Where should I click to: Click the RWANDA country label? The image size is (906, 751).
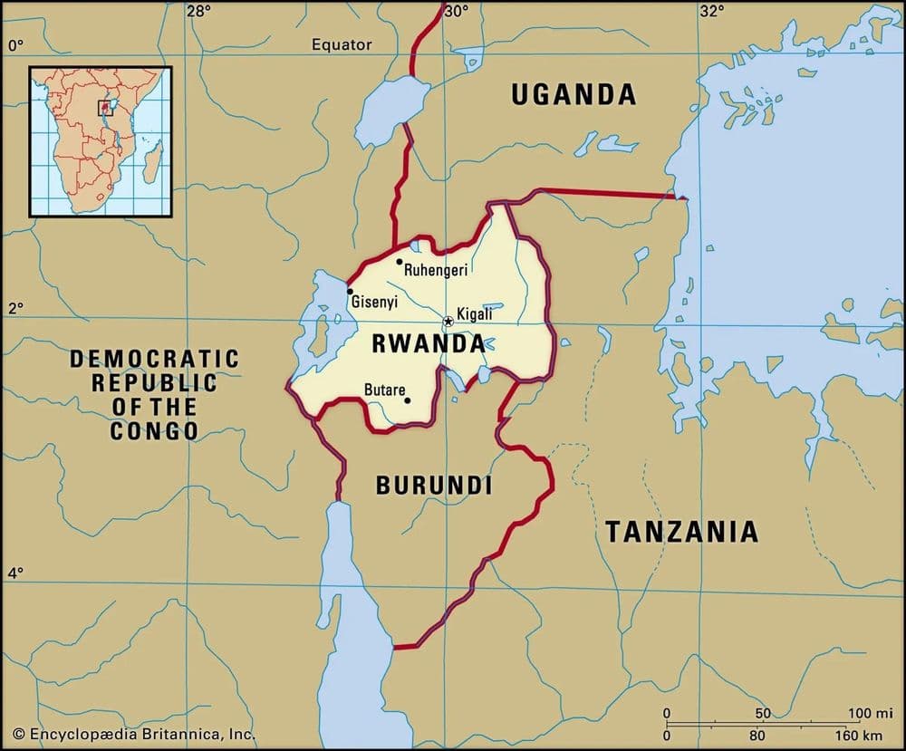click(428, 344)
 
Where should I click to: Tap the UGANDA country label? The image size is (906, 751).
click(573, 94)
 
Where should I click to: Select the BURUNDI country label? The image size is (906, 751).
click(434, 486)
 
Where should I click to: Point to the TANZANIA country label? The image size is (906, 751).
click(681, 531)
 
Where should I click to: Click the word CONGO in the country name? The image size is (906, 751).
click(154, 430)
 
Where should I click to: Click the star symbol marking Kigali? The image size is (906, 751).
click(448, 322)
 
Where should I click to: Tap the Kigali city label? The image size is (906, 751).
click(475, 314)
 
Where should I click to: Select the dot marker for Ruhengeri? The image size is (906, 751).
click(399, 262)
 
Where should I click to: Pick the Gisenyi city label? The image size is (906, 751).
click(374, 301)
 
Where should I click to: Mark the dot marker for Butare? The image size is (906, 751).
click(407, 400)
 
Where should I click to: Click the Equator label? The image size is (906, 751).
click(342, 43)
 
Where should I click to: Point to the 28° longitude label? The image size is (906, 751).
click(198, 12)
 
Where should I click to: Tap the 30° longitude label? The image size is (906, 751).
click(456, 12)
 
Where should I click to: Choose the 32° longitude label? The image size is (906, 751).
click(712, 12)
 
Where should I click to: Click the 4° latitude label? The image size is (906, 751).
click(15, 573)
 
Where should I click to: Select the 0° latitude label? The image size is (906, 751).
click(15, 44)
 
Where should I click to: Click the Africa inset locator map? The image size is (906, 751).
click(100, 140)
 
